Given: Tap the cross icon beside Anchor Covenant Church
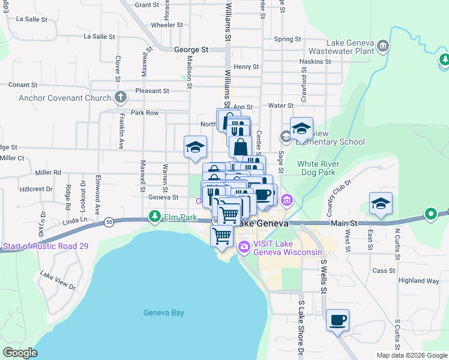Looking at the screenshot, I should [121, 97].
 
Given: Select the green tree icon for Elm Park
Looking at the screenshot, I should [155, 215].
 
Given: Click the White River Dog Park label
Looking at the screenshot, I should [319, 169].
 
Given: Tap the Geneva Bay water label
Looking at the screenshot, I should [163, 313].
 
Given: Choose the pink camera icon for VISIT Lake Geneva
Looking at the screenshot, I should [244, 247].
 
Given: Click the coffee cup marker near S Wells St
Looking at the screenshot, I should [338, 320].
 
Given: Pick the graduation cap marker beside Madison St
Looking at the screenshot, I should [195, 147].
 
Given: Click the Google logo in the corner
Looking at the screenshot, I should [20, 353].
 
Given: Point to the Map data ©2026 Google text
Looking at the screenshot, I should [411, 355].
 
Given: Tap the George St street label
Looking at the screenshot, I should [191, 49].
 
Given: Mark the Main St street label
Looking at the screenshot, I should [346, 223].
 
